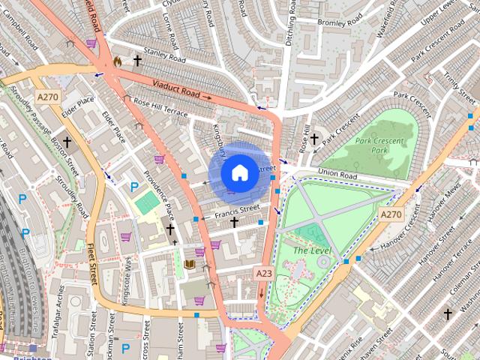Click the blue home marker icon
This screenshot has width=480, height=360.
(238, 172)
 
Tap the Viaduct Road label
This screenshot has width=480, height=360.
(176, 90)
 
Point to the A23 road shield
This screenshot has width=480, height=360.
(263, 274)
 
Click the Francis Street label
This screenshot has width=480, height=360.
(236, 211)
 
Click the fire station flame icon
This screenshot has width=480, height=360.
(116, 61)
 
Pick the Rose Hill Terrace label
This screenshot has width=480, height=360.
(160, 106)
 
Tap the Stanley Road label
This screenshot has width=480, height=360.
(165, 55)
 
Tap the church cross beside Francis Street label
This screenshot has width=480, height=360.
(234, 223)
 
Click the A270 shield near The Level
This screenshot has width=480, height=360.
(390, 214)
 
